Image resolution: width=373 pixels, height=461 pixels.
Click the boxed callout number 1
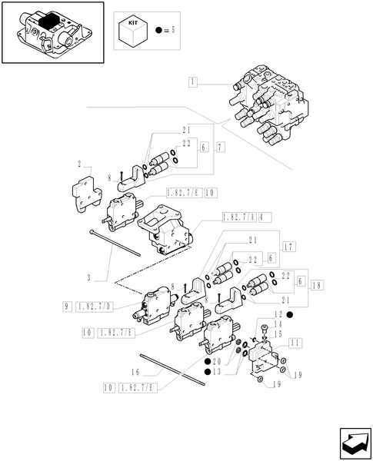click(193, 81)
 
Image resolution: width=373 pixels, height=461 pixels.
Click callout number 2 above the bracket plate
click(79, 164)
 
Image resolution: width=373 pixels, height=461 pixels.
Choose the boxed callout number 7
click(221, 147)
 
